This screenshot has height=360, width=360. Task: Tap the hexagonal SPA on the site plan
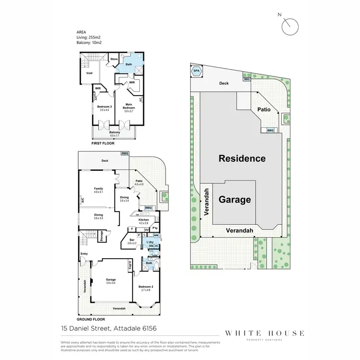click(196, 72)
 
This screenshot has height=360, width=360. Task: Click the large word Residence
click(242, 158)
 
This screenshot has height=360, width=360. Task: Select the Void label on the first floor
click(89, 73)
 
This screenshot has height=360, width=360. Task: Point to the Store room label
click(114, 59)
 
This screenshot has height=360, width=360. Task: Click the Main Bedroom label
click(129, 106)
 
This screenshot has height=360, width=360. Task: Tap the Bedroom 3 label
click(104, 107)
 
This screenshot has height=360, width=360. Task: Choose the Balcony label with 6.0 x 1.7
click(114, 132)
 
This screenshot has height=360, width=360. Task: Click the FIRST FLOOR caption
click(103, 143)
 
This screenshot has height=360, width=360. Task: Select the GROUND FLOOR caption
click(91, 319)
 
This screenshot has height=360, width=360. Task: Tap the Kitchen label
click(144, 220)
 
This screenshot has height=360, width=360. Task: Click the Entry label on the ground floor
click(84, 254)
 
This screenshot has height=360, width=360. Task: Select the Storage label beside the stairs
click(101, 236)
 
